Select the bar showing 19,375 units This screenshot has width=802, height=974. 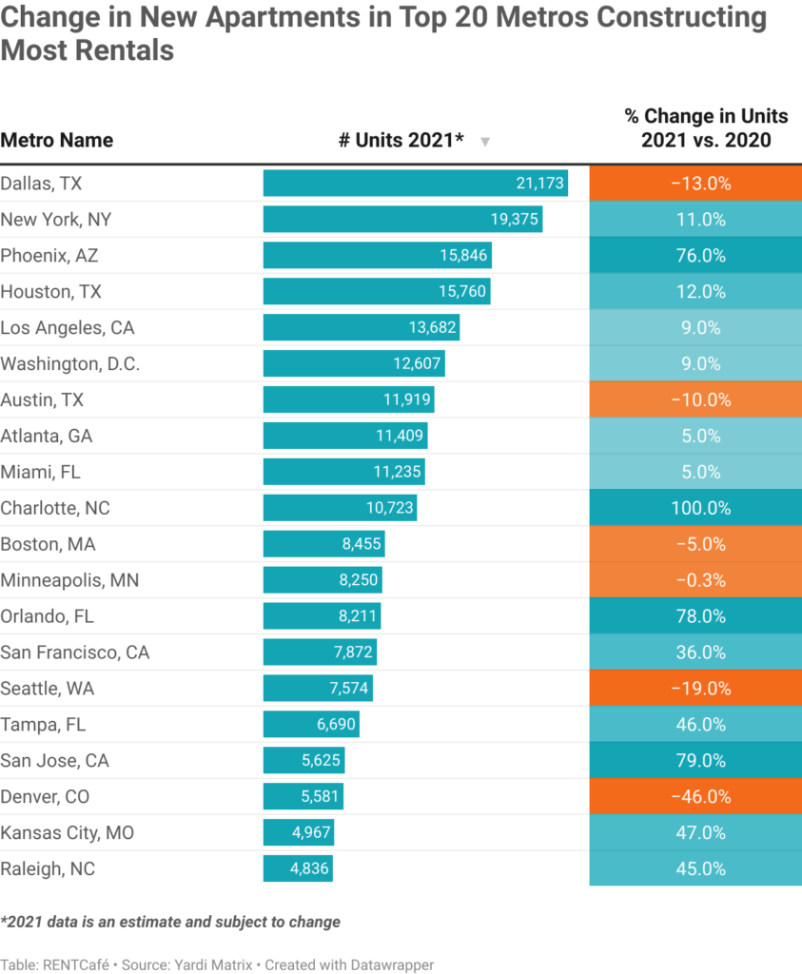(x=402, y=220)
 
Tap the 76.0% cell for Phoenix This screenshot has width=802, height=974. (x=695, y=256)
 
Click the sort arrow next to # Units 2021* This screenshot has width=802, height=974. (x=485, y=142)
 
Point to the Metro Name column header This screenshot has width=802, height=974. (x=57, y=141)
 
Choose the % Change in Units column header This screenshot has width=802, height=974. (x=706, y=128)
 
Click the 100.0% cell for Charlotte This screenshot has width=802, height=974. (x=695, y=509)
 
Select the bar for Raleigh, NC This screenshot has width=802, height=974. (x=298, y=869)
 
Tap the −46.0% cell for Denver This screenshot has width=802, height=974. (x=695, y=797)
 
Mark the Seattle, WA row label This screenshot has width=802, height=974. (x=48, y=689)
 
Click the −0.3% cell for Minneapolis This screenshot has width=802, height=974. (x=695, y=580)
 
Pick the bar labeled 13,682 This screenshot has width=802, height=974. (x=362, y=328)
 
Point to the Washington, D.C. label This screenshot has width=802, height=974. (x=70, y=364)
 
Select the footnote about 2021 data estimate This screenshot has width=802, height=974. (x=170, y=922)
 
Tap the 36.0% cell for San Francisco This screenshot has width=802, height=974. (x=695, y=653)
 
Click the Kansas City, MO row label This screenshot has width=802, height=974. (x=68, y=833)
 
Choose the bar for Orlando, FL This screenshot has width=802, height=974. (x=323, y=616)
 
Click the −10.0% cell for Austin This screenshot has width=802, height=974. (x=695, y=400)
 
